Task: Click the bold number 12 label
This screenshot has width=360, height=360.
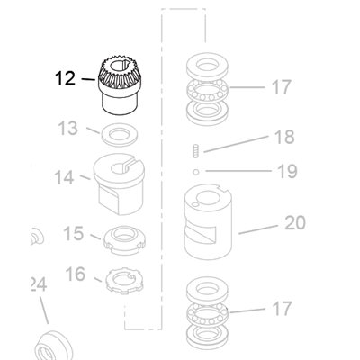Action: (x=65, y=78)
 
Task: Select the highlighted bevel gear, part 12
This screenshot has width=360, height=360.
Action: (x=119, y=86)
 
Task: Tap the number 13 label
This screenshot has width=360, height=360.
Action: (x=67, y=129)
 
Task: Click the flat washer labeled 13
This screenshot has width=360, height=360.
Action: (x=119, y=135)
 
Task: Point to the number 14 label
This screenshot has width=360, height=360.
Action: (x=64, y=177)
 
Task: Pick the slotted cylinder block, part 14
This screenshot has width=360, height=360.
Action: (x=120, y=184)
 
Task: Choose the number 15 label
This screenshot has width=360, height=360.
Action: (x=74, y=233)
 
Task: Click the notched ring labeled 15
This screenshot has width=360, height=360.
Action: (x=124, y=240)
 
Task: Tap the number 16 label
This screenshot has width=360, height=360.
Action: (x=76, y=274)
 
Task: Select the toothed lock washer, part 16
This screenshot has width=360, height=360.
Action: (x=124, y=282)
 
